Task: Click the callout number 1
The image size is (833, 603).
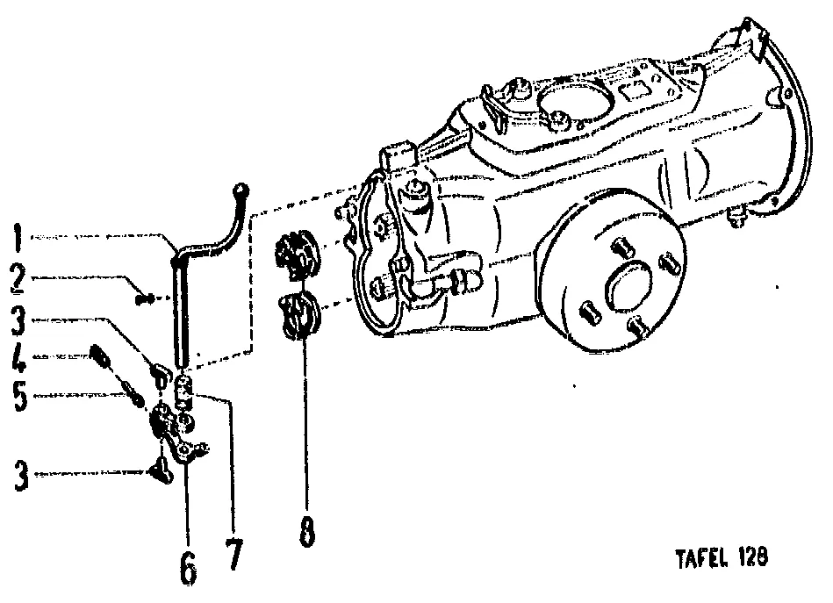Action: [18, 238]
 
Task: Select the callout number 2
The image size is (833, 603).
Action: [18, 279]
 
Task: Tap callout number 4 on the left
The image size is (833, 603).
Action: [18, 359]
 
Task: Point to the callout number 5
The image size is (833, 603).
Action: [20, 397]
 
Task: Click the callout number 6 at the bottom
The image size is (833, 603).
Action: [189, 568]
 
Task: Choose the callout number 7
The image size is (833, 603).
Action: [233, 554]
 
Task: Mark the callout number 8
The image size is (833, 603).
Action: [307, 531]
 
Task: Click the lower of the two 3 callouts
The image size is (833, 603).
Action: [21, 476]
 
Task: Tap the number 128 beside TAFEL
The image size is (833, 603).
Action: [753, 557]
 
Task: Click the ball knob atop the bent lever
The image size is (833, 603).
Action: [241, 189]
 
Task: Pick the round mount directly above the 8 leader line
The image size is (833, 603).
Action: [300, 316]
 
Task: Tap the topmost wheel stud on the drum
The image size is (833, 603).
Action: [623, 247]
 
